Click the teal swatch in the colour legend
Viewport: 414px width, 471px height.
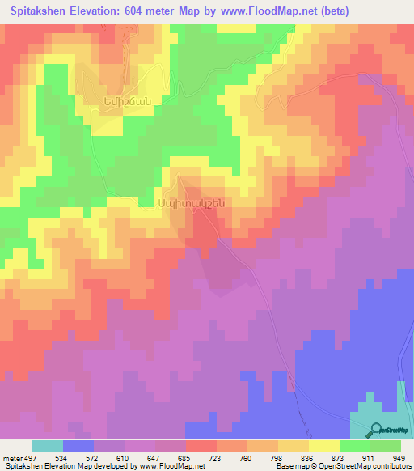tap(48, 445)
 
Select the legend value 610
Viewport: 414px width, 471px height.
tap(139, 457)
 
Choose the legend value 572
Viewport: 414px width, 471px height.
tap(108, 457)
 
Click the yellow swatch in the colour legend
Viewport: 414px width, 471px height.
tap(324, 445)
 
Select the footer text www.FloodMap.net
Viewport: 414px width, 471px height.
tap(172, 467)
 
